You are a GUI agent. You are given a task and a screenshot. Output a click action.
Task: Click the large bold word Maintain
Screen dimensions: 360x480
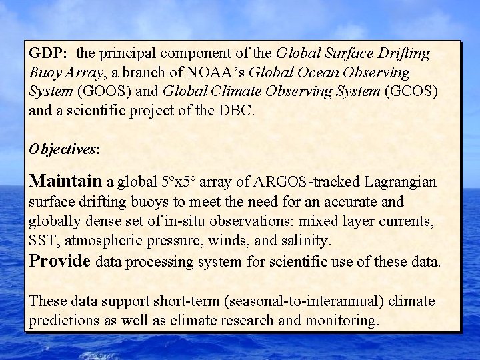click(x=66, y=181)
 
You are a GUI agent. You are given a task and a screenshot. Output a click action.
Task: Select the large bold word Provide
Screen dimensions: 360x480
click(x=60, y=260)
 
